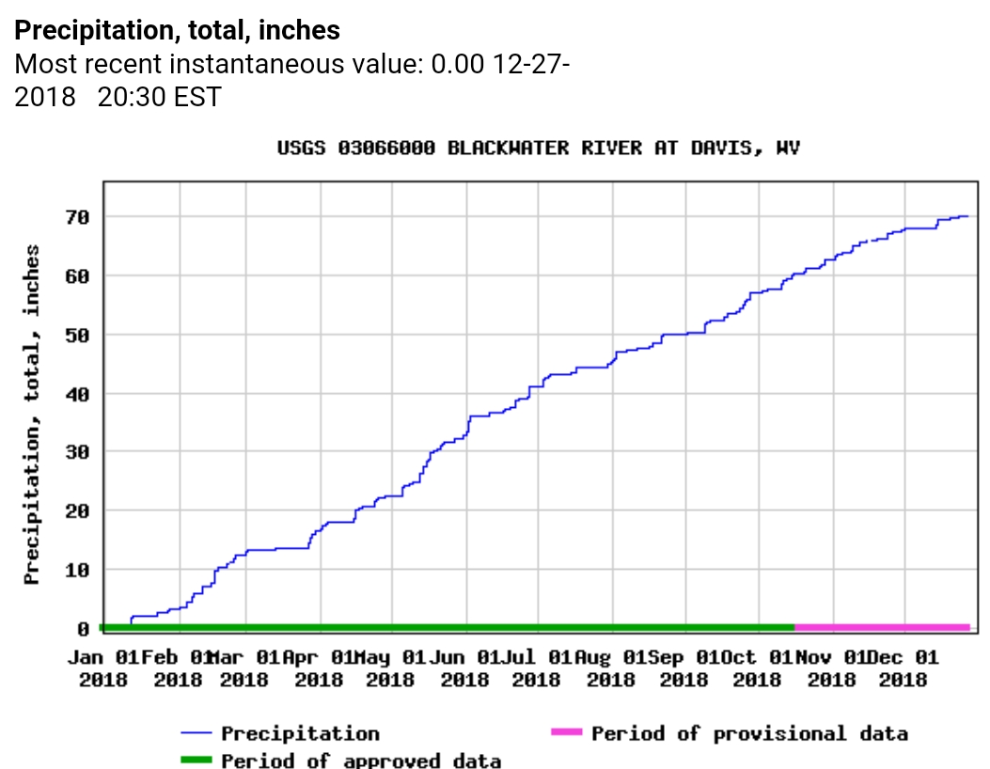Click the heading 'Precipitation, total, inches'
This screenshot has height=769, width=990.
coord(178,30)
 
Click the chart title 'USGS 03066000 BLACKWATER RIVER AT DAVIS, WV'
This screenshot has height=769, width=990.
coord(539,149)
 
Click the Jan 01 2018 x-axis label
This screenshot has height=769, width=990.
coord(102,667)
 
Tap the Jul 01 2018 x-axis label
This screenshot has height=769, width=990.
coord(537,667)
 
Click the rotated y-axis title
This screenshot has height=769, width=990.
coord(33,415)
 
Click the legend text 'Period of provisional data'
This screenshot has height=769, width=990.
coord(749,733)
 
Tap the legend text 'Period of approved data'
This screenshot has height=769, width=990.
coord(361,760)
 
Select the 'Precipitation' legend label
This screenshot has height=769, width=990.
coord(300,733)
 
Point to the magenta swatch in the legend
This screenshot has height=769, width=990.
coord(567,732)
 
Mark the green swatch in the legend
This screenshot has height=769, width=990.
coord(196,759)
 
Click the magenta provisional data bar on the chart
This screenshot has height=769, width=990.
coord(882,627)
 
